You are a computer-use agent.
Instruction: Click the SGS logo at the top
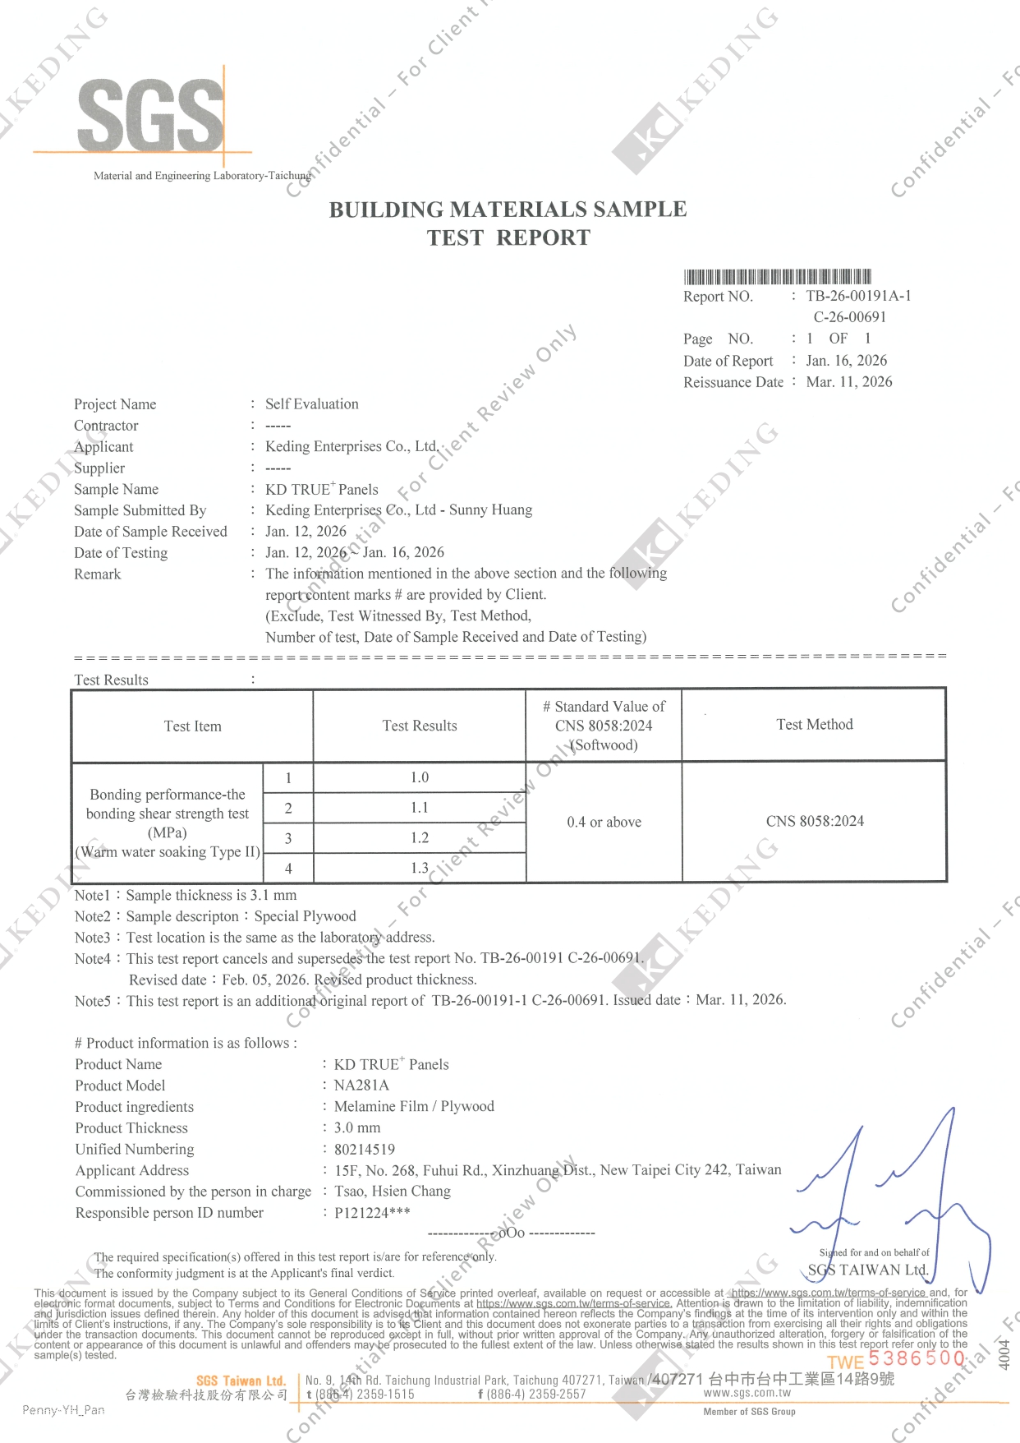150,115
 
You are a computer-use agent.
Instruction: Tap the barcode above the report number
777,276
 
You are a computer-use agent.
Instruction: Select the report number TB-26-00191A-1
858,296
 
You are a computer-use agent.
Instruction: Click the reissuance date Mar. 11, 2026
848,381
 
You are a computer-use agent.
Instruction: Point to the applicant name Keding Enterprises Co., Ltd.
351,446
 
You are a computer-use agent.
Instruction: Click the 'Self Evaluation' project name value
311,403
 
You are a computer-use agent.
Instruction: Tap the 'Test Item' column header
192,726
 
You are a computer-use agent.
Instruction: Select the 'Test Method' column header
814,724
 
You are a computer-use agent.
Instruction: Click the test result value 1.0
420,777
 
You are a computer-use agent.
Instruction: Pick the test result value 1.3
420,868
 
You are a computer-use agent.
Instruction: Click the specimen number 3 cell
288,838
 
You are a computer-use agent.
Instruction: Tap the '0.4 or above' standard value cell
604,822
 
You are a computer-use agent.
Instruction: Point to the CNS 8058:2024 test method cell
815,821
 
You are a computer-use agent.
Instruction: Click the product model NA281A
361,1085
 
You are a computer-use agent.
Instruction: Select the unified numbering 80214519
364,1149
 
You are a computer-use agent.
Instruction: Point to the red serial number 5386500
916,1358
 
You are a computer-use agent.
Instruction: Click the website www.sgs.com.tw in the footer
747,1393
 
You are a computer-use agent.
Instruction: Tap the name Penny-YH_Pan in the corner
63,1410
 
